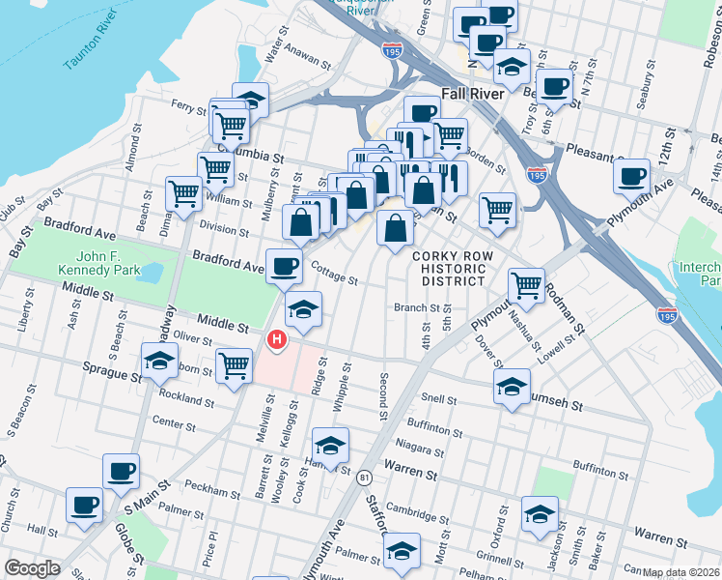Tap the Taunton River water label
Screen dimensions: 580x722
(x=96, y=48)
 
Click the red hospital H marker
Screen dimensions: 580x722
(x=277, y=339)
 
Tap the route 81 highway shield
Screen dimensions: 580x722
(x=364, y=478)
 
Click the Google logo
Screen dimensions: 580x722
(x=33, y=568)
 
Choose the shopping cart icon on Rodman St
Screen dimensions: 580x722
(x=525, y=284)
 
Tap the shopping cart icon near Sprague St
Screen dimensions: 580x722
(x=234, y=365)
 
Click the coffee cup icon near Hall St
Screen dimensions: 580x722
(x=83, y=505)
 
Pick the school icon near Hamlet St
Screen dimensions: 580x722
(x=330, y=445)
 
